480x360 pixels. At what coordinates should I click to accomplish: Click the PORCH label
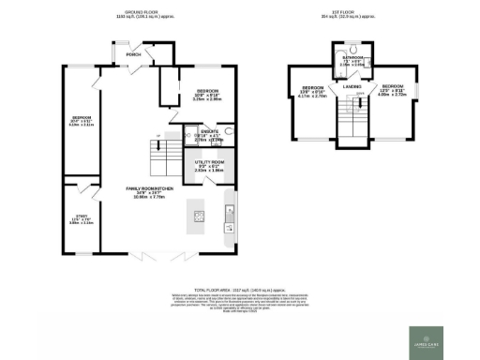(134, 54)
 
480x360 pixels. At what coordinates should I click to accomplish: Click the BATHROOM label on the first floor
(352, 57)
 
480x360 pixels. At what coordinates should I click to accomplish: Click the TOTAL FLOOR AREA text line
(239, 292)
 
